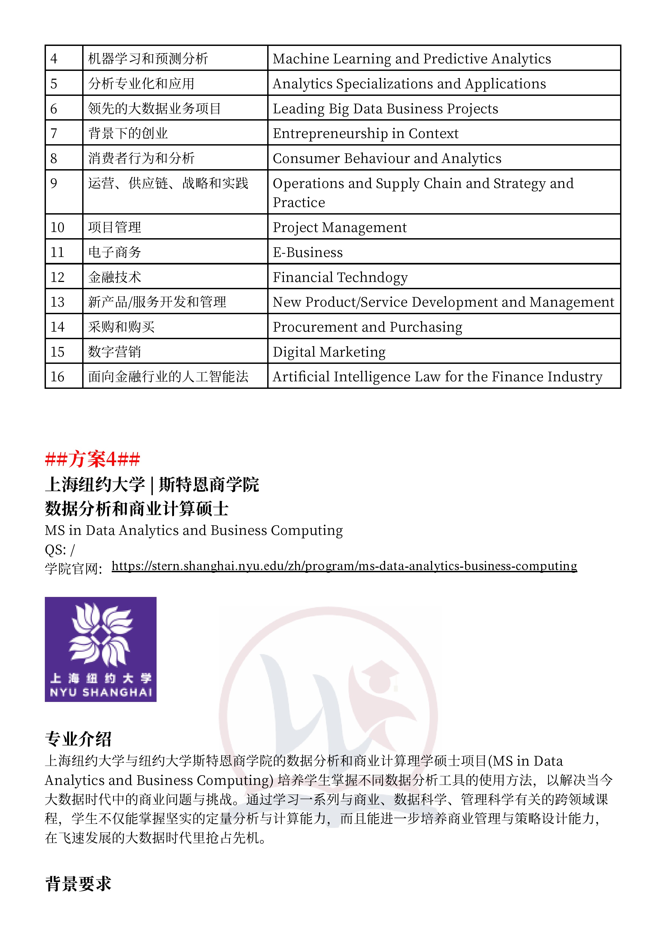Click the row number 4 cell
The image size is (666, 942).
[x=64, y=58]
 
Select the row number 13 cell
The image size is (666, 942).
[x=64, y=302]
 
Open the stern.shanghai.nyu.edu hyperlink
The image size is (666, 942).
[x=344, y=566]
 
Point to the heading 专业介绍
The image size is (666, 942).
[x=78, y=739]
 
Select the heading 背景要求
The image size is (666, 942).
[x=78, y=884]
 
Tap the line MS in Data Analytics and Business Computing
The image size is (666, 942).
[x=194, y=531]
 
